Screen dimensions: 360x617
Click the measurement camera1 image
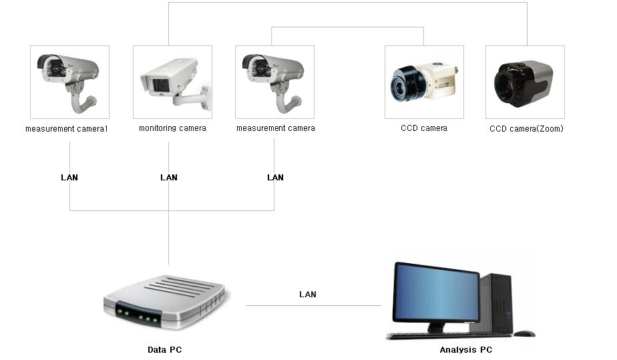click(x=70, y=81)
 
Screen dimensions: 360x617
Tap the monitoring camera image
click(x=172, y=81)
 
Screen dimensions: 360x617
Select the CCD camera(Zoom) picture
click(x=525, y=81)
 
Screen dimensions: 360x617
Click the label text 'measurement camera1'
click(x=67, y=128)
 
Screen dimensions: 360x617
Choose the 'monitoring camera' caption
click(x=172, y=128)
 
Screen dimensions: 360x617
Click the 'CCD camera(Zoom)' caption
click(x=526, y=128)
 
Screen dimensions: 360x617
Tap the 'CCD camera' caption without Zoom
click(x=424, y=128)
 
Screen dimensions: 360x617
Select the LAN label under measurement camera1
click(x=69, y=178)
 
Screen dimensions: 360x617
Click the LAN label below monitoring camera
click(x=169, y=178)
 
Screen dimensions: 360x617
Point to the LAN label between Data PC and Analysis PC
click(x=308, y=295)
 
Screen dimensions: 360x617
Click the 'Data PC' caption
click(x=165, y=350)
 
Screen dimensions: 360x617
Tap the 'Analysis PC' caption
click(x=466, y=350)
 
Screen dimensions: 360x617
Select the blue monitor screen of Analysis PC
click(x=435, y=293)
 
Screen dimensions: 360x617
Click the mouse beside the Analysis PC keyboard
click(x=524, y=333)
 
